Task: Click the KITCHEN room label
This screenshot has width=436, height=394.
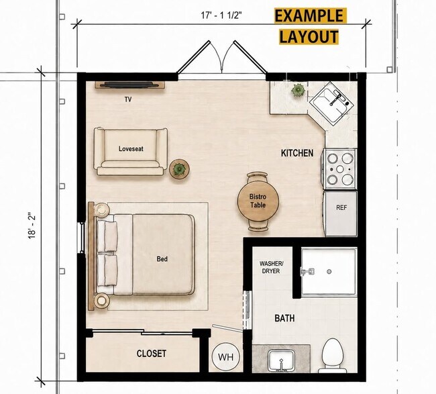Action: coord(297,153)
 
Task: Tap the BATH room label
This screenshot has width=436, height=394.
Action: coord(284,318)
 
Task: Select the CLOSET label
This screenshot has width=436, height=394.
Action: coord(152,353)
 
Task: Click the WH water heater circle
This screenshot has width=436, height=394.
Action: coord(226,356)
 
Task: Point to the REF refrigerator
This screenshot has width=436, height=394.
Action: coord(340,213)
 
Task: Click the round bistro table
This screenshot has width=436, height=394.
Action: coord(258,201)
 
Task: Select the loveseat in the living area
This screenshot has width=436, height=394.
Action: coord(131,152)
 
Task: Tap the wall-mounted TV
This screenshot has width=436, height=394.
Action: coord(130,85)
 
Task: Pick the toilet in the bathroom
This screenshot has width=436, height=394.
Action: coord(332,356)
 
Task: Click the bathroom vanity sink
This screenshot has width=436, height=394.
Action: coord(281,361)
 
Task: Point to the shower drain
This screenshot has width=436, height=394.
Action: coord(329,272)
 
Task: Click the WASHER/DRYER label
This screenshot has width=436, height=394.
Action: coord(271,267)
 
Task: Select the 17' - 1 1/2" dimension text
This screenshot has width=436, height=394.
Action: coord(221,15)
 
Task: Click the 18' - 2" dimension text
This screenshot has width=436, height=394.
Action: coord(32,226)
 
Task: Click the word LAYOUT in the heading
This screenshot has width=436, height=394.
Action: coord(309,37)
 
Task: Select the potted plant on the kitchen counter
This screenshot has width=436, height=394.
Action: coord(298,91)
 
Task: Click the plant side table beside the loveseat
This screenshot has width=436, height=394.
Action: coord(179,169)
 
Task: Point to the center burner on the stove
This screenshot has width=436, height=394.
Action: coord(340,169)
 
